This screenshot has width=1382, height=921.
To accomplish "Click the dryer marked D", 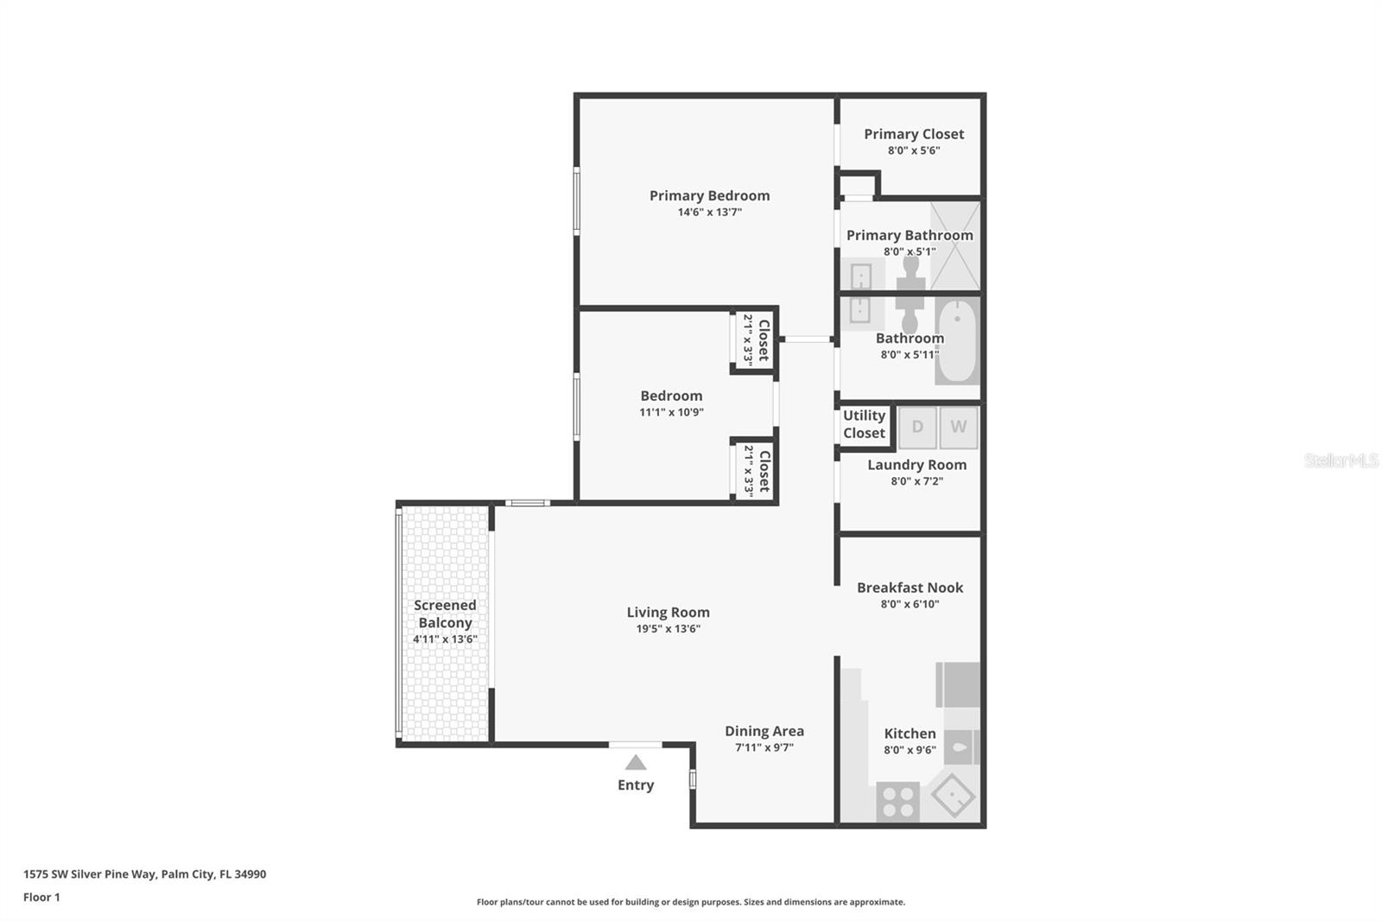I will pos(917,427).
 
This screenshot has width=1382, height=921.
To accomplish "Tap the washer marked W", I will pos(958,427).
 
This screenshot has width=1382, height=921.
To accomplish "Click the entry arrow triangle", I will pos(636,762).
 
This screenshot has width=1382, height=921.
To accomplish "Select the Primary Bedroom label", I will pos(709,196).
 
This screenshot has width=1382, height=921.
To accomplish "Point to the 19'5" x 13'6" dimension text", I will pos(668,629).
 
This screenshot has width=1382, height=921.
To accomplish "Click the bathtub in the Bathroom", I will pos(958,341).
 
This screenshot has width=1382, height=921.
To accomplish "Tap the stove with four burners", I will pos(897,801).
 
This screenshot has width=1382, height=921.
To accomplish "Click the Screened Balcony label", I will pos(445,614).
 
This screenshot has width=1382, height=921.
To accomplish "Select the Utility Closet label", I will pos(864,424).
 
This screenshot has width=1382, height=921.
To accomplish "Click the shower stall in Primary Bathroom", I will pos(955,246).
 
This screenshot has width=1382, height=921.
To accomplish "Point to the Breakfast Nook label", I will pos(910,588).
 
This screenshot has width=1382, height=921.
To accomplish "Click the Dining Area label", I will pos(764,731).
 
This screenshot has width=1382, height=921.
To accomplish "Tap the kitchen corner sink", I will pos(953,796).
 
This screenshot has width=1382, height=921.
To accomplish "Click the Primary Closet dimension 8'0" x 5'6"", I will pos(914,150).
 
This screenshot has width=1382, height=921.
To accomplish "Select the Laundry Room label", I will pos(916,465).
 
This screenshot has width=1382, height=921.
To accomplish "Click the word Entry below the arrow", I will pos(636,785).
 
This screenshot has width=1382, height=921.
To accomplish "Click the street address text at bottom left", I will pos(145,874).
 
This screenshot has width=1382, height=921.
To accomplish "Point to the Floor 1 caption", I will pos(41,898).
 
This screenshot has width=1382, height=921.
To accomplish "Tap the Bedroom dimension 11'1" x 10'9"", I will pos(671,412).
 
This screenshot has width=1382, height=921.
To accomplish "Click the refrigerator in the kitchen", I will pos(959,684).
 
